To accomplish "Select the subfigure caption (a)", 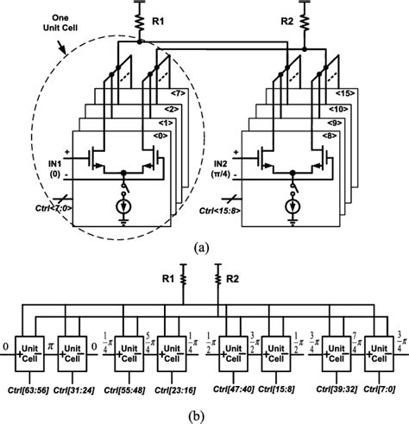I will click(204, 245).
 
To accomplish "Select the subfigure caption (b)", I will click(204, 413).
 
